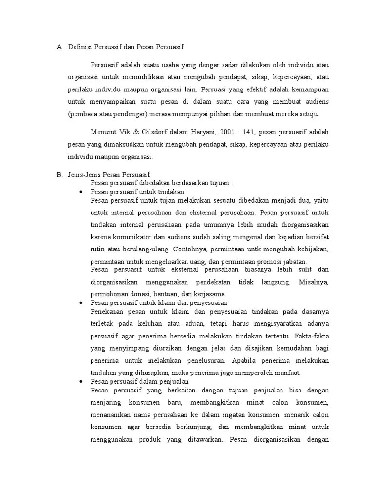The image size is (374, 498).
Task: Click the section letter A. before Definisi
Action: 60,47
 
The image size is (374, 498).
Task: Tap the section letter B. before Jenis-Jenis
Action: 60,174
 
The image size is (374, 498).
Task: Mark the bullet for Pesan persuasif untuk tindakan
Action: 81,192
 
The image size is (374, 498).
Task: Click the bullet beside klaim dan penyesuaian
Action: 81,302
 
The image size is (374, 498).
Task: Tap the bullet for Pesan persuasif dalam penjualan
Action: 81,382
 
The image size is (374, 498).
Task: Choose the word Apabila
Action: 248,360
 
